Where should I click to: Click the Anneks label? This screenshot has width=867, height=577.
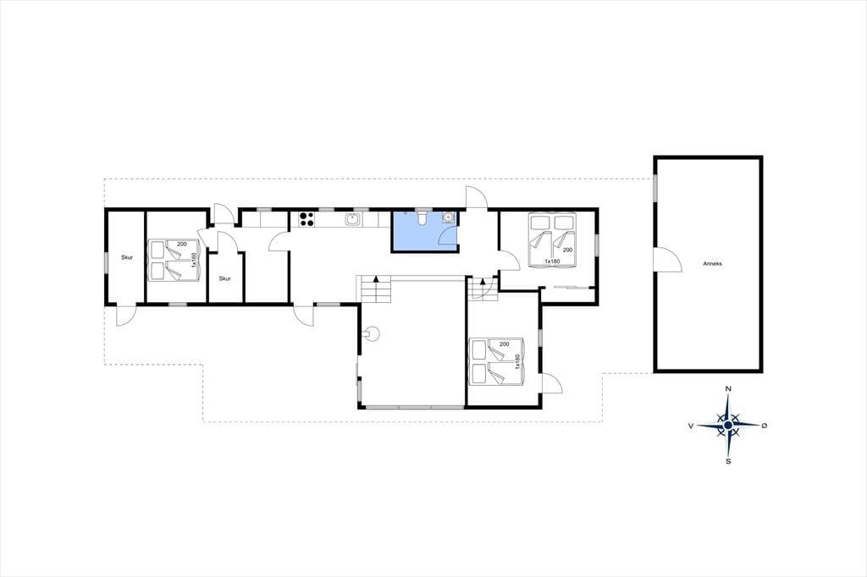point(712,264)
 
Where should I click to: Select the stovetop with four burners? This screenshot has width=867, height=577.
point(306,219)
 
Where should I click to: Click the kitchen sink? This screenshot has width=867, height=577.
point(353,219)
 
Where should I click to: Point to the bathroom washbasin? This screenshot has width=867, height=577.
point(449,217)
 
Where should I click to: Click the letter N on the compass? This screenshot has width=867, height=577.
point(728,389)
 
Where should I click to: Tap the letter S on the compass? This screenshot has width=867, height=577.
point(728,461)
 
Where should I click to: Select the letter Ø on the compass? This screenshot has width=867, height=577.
point(765,425)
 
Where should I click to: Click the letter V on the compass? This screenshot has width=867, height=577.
point(691,426)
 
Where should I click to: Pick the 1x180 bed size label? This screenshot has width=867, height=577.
point(552,261)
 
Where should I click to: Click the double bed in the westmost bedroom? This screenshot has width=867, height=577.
point(174,261)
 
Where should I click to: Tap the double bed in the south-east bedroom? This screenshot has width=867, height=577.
point(496,361)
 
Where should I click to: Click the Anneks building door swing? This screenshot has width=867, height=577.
point(666,259)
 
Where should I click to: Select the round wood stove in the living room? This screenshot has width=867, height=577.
point(373,334)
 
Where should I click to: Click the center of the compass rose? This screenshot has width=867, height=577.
point(728,425)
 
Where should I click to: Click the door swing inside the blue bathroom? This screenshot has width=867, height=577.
point(447,238)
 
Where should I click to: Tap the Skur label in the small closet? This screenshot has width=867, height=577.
point(224,278)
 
